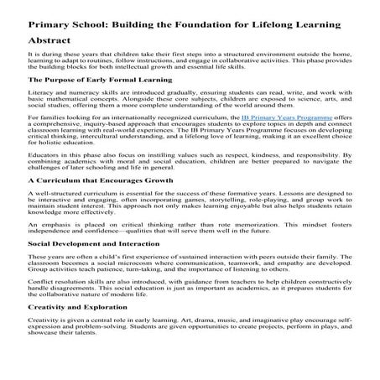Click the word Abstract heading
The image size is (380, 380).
click(x=49, y=39)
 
